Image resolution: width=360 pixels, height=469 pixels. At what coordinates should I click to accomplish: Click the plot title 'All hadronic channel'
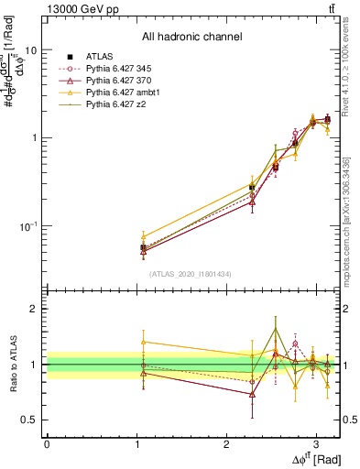(191, 38)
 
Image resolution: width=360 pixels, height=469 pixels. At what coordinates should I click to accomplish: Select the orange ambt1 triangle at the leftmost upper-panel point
(143, 236)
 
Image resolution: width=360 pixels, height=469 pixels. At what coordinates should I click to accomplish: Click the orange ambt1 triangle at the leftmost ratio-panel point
(143, 342)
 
